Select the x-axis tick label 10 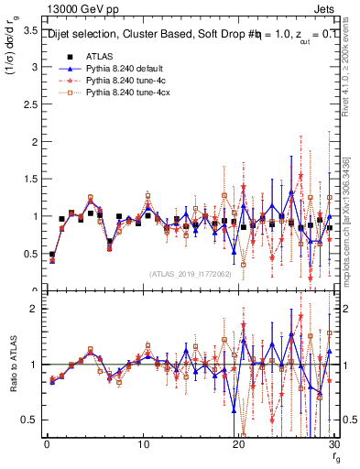click(x=142, y=445)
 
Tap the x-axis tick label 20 click(x=238, y=445)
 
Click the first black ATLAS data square click(x=52, y=255)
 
